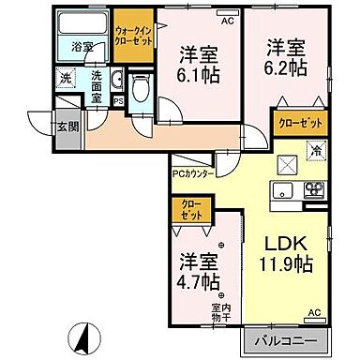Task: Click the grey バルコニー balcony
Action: pos(291,339)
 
